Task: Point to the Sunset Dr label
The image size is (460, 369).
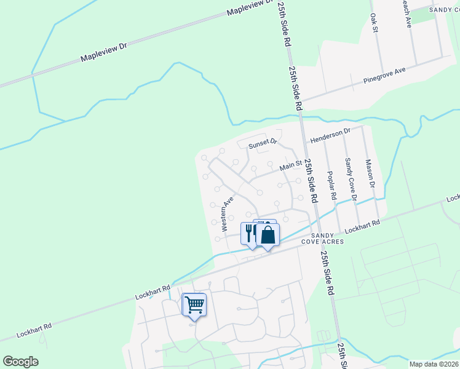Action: click(x=263, y=145)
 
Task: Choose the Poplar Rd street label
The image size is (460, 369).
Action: click(x=333, y=185)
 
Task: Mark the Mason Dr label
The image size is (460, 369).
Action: click(x=370, y=174)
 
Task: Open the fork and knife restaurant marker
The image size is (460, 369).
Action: click(x=250, y=233)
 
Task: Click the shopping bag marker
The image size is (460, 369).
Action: click(x=268, y=235)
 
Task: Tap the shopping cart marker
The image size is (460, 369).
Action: click(x=194, y=304)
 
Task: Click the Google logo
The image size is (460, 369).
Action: click(x=20, y=362)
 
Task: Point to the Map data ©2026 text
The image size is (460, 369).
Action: click(x=434, y=364)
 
